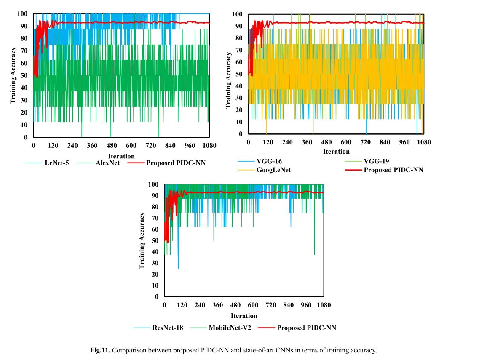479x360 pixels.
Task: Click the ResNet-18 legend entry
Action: coord(168,328)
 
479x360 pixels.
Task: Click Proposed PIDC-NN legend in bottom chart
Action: coord(306,328)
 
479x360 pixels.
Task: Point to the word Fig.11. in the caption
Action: coord(100,350)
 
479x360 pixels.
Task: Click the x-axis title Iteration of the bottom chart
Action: coord(244,315)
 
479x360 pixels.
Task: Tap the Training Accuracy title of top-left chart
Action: coord(13,75)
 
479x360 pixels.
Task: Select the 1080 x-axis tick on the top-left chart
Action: coord(209,145)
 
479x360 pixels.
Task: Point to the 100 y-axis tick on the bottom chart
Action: coord(153,184)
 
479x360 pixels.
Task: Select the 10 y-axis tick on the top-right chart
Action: coord(239,122)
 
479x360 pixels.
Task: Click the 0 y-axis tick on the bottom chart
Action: coord(157,296)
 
